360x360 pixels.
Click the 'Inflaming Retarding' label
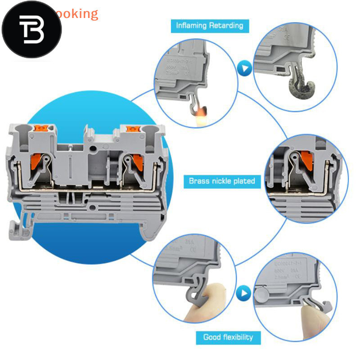pos(210,25)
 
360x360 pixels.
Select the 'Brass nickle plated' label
pos(222,181)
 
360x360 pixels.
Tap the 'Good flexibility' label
pos(228,337)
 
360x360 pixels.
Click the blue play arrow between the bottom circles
pos(244,294)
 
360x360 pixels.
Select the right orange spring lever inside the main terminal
pos(136,160)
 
